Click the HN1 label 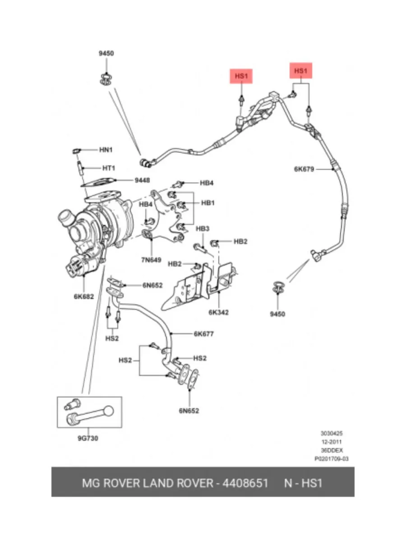coord(106,150)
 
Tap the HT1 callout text coord(109,168)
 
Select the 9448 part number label coord(142,180)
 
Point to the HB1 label coord(208,203)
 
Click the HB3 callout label coord(203,229)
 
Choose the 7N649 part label coord(151,260)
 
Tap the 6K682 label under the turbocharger coord(84,297)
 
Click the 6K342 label coord(219,313)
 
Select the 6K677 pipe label coord(203,334)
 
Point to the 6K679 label coord(304,169)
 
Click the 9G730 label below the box coord(88,438)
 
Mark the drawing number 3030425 coord(332,433)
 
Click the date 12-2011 coord(332,442)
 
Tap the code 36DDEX coord(332,450)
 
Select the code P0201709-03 coord(331,459)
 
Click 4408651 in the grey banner coord(245,483)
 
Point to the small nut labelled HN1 coord(77,150)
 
